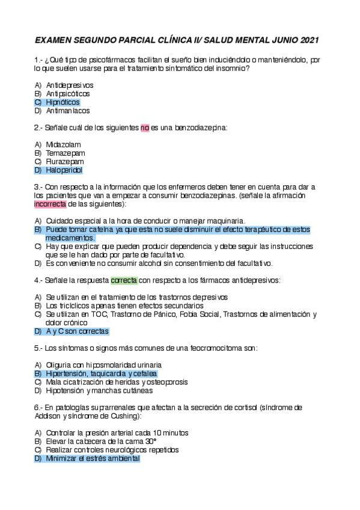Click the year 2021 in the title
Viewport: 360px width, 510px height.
(308, 40)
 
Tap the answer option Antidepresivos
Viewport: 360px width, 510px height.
(69, 85)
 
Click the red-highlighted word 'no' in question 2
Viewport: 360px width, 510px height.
(145, 127)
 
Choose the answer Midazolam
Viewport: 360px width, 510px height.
(63, 144)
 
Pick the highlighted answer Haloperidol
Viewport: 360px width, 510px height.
(64, 170)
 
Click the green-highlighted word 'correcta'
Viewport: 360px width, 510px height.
(124, 280)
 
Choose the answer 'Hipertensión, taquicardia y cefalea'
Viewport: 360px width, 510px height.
(101, 373)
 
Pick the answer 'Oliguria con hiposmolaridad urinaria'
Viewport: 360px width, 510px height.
(103, 365)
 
